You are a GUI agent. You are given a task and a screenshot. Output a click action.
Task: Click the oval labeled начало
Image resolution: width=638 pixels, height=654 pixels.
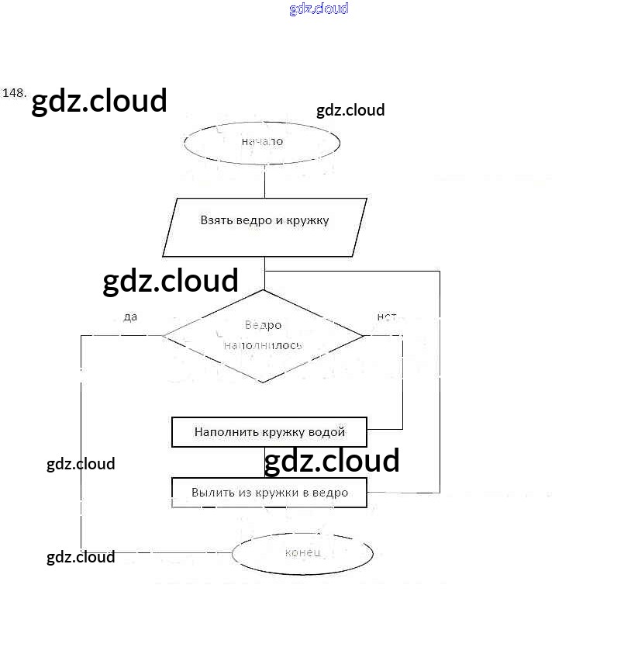pyautogui.click(x=262, y=142)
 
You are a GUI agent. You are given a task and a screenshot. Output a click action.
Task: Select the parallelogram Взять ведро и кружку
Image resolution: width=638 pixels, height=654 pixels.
pyautogui.click(x=264, y=227)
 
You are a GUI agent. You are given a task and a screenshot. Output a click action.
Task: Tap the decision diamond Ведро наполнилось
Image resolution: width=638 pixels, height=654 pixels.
pyautogui.click(x=263, y=335)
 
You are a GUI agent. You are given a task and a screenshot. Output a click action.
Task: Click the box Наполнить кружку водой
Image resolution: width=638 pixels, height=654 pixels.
pyautogui.click(x=269, y=432)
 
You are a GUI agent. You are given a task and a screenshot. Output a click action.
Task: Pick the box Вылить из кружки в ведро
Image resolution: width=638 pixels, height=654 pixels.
pyautogui.click(x=269, y=493)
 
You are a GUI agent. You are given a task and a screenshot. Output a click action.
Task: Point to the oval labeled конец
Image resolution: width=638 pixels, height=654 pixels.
pyautogui.click(x=302, y=552)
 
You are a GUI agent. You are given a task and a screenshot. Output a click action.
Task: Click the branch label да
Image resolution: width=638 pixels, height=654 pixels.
pyautogui.click(x=130, y=317)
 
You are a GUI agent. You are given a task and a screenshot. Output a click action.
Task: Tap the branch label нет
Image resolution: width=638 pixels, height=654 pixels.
pyautogui.click(x=386, y=317)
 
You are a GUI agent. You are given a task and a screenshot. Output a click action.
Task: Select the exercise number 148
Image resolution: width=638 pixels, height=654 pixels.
pyautogui.click(x=15, y=93)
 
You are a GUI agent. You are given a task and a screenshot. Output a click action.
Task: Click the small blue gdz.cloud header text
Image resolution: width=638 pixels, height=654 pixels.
pyautogui.click(x=319, y=9)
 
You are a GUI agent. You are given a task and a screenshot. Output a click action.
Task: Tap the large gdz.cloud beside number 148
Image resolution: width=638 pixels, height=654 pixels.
pyautogui.click(x=99, y=101)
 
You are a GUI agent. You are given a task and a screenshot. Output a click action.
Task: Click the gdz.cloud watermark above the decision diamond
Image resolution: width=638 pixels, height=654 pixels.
pyautogui.click(x=171, y=281)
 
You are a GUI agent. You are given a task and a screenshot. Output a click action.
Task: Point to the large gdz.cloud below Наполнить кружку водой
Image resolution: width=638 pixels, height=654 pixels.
pyautogui.click(x=332, y=461)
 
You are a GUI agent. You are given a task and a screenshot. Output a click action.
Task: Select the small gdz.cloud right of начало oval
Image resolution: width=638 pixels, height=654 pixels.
pyautogui.click(x=350, y=110)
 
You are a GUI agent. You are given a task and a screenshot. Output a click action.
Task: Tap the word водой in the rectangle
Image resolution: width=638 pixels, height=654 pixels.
pyautogui.click(x=328, y=432)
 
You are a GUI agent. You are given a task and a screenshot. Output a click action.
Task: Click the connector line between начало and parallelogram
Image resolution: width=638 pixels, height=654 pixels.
pyautogui.click(x=264, y=181)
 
